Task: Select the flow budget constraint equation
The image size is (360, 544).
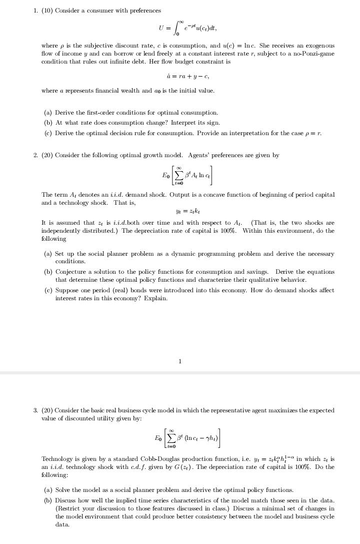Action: (x=180, y=76)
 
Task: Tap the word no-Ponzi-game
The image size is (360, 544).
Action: (x=314, y=53)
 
